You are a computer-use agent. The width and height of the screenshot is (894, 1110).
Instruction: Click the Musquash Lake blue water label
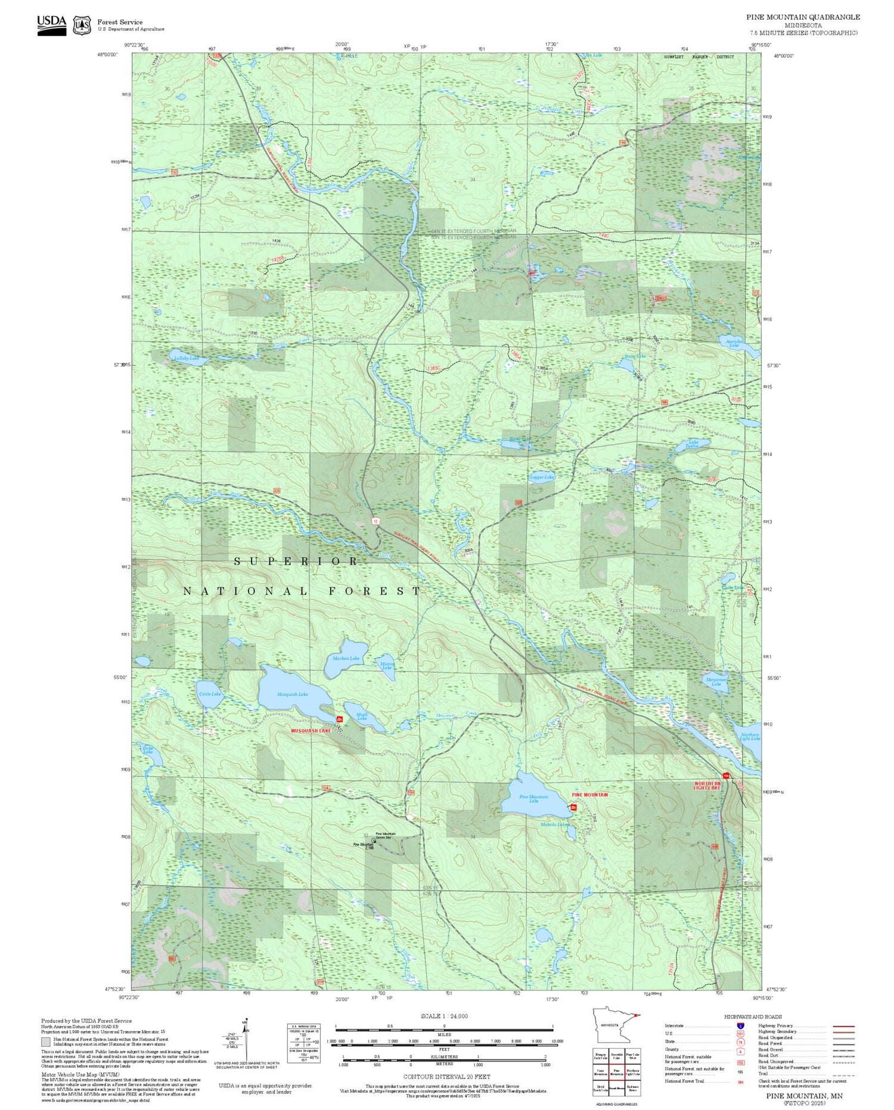pyautogui.click(x=293, y=694)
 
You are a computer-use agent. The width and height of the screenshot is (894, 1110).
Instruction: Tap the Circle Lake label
pyautogui.click(x=209, y=694)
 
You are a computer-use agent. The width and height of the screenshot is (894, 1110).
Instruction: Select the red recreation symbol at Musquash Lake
pyautogui.click(x=339, y=720)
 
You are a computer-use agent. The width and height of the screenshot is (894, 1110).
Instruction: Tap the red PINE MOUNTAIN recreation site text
pyautogui.click(x=590, y=795)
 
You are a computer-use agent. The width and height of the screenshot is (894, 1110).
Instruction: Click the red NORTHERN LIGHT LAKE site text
pyautogui.click(x=707, y=786)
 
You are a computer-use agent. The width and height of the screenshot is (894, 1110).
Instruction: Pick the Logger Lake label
pyautogui.click(x=542, y=478)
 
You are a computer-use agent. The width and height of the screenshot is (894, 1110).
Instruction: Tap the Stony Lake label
pyautogui.click(x=635, y=356)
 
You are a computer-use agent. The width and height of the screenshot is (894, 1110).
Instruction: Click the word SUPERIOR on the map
pyautogui.click(x=296, y=562)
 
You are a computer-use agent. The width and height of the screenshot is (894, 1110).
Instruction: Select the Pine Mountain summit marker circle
pyautogui.click(x=374, y=841)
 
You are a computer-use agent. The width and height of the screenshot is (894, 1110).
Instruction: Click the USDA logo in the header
pyautogui.click(x=52, y=24)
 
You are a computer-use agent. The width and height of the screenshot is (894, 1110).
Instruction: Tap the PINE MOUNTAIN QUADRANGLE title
pyautogui.click(x=802, y=17)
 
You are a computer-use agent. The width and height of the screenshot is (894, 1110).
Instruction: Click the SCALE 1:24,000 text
pyautogui.click(x=444, y=1016)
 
